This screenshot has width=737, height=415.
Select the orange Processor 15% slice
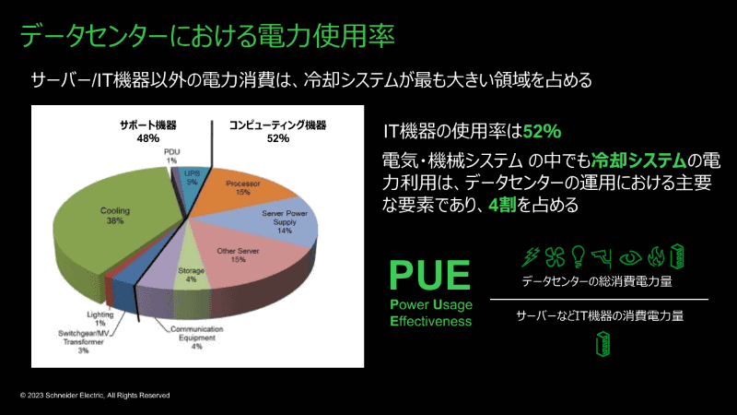coord(244,188)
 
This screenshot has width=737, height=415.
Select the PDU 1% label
coord(172,156)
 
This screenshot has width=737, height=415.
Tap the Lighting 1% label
coord(100,318)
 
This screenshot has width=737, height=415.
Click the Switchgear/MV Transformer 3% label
coord(84,341)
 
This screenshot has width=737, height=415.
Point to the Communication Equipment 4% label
coord(197,338)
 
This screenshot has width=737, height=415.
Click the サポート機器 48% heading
coord(148,132)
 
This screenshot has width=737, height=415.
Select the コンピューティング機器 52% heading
coord(278,132)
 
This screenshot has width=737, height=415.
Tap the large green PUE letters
coord(429,275)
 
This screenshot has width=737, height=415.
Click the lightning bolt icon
coord(532,257)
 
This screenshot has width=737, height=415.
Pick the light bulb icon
coord(578,257)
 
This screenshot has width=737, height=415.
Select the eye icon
coord(630,258)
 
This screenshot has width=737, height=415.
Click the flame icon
coord(656,257)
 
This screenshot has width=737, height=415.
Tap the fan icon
coord(555,257)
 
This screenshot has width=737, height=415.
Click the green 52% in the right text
coord(542,131)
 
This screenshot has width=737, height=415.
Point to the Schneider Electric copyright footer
coord(95,396)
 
